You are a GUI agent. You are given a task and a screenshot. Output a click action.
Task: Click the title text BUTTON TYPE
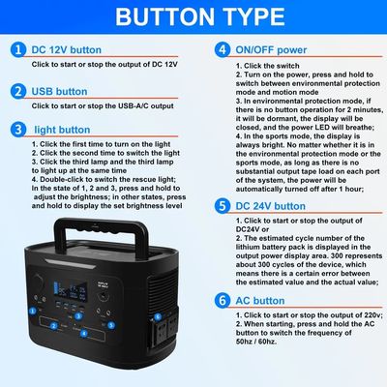tap(193, 17)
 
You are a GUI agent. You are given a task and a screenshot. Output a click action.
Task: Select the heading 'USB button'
tap(59, 91)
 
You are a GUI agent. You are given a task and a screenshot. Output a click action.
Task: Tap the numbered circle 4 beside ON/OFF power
tap(223, 48)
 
